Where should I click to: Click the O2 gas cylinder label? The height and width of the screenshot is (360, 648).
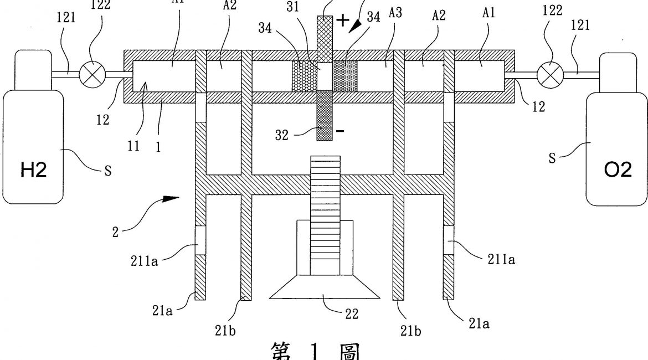(618, 170)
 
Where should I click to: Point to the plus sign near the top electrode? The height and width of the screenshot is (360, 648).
(343, 20)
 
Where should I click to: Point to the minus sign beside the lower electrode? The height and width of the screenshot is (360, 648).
(340, 131)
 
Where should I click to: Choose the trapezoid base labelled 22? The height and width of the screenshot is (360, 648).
(325, 287)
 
